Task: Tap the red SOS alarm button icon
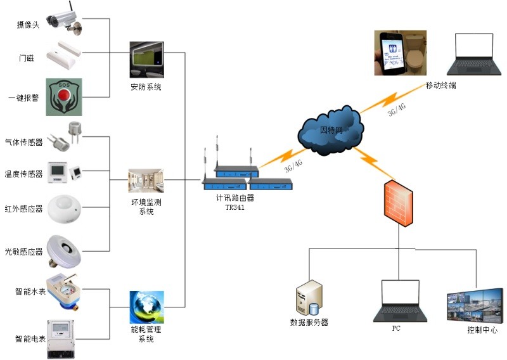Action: point(64,97)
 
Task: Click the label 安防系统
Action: point(146,87)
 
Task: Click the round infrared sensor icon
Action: point(65,209)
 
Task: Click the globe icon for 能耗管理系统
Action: point(146,306)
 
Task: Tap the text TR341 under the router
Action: point(234,207)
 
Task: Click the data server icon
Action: point(309,299)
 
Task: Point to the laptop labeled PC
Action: point(400,301)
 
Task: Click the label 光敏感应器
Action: point(23,252)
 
